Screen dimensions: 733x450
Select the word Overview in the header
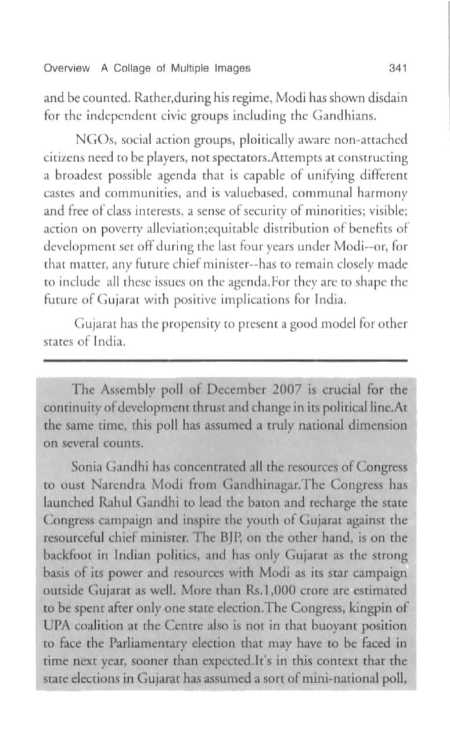[x=67, y=68]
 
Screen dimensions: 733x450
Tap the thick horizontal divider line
[x=225, y=361]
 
